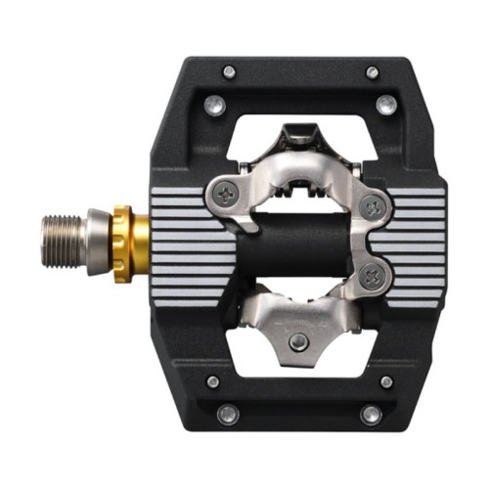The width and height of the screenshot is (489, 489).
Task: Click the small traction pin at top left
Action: [229, 71]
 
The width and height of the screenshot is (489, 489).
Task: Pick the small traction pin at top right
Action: [372, 71]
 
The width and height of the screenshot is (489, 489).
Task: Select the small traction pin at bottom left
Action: [214, 381]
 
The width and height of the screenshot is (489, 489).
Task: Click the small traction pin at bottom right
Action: [386, 381]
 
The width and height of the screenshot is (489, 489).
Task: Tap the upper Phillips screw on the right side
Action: [373, 206]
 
